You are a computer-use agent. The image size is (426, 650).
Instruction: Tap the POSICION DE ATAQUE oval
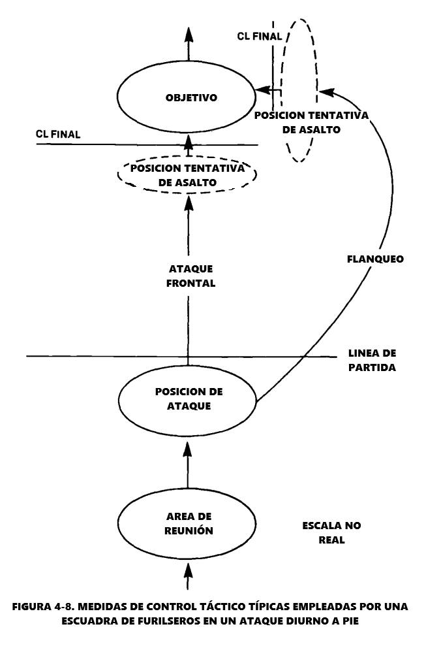coord(189,398)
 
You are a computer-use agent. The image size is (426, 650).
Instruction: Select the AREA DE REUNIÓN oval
coord(188,525)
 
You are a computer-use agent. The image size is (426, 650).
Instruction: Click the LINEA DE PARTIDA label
coord(372,361)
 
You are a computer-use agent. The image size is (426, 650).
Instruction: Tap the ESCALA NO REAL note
coord(331,532)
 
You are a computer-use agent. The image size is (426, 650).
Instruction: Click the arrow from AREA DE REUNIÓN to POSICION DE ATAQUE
coord(188,464)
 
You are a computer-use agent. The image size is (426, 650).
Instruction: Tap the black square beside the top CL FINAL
coord(223,37)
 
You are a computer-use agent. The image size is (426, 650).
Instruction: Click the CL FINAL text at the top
coord(259,37)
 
